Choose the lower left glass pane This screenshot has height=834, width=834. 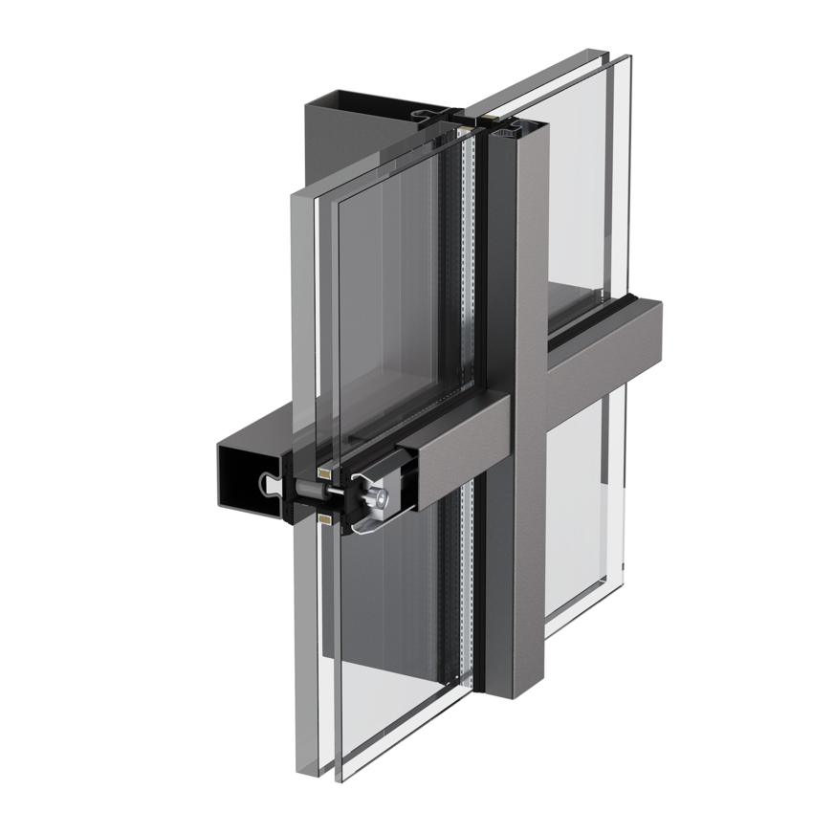point(392,650)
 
